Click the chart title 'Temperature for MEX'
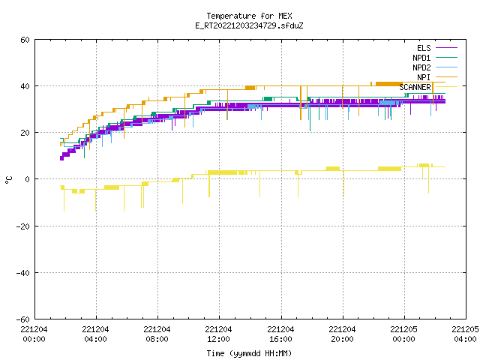click(x=249, y=16)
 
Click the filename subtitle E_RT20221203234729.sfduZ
click(x=249, y=25)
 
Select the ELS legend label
click(x=424, y=48)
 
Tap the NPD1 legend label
click(x=421, y=58)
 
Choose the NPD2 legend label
click(x=421, y=67)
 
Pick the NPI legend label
click(x=424, y=77)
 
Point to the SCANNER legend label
click(x=415, y=87)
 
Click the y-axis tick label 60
click(x=25, y=40)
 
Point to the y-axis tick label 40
click(x=25, y=86)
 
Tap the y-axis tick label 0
click(x=27, y=179)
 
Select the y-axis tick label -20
click(x=23, y=226)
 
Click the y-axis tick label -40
click(x=23, y=273)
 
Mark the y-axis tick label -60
click(x=23, y=319)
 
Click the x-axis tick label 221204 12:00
click(x=218, y=334)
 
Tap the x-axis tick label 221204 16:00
click(x=280, y=334)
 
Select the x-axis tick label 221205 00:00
click(x=403, y=334)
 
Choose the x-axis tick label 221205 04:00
click(x=465, y=334)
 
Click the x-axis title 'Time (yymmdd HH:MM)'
click(x=249, y=353)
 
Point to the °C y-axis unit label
click(x=8, y=180)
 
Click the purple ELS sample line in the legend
click(x=446, y=48)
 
